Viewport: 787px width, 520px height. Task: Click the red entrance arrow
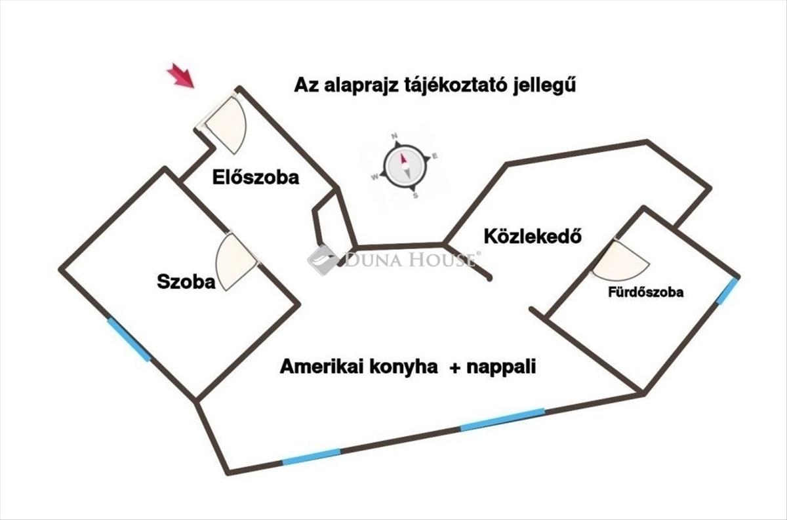181,75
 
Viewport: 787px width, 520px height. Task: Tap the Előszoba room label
256,177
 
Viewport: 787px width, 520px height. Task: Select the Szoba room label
186,282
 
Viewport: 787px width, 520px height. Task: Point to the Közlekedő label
533,236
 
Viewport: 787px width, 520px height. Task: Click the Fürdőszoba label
646,292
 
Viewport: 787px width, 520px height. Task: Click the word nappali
502,368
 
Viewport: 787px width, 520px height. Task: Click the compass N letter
394,136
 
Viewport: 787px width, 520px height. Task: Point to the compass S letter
416,195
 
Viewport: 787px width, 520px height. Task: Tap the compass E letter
435,156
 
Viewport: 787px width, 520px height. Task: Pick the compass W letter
375,177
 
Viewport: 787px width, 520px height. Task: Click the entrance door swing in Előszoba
226,125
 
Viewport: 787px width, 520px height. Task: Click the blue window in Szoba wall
129,340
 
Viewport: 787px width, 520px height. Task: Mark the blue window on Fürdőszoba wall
727,291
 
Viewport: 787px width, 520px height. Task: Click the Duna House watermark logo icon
323,260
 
